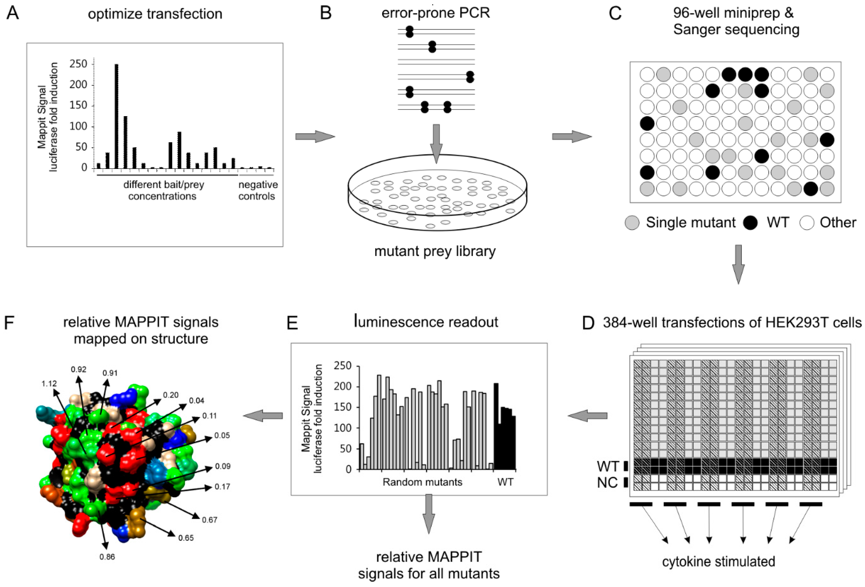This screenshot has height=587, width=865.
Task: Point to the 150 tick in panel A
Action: click(x=78, y=106)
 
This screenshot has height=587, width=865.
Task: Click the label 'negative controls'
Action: click(x=258, y=190)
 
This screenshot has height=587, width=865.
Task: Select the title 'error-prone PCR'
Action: click(x=435, y=13)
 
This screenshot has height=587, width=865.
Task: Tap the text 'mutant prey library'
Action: click(x=435, y=251)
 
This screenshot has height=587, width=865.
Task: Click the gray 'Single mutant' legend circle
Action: click(x=632, y=223)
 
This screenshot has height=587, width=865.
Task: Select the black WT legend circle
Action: click(x=750, y=223)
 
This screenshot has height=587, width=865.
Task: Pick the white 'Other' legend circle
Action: click(x=807, y=223)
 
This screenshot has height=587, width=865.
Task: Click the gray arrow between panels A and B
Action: click(x=315, y=137)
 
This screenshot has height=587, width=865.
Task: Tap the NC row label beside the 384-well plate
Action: click(x=607, y=482)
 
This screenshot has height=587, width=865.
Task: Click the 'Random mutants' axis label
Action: click(x=422, y=482)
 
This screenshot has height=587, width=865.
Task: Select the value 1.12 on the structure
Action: click(x=49, y=384)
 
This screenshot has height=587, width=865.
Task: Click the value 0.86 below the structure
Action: click(x=107, y=557)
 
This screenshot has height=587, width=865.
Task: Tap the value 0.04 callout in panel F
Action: click(x=197, y=401)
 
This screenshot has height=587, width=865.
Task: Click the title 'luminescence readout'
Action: click(x=426, y=322)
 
